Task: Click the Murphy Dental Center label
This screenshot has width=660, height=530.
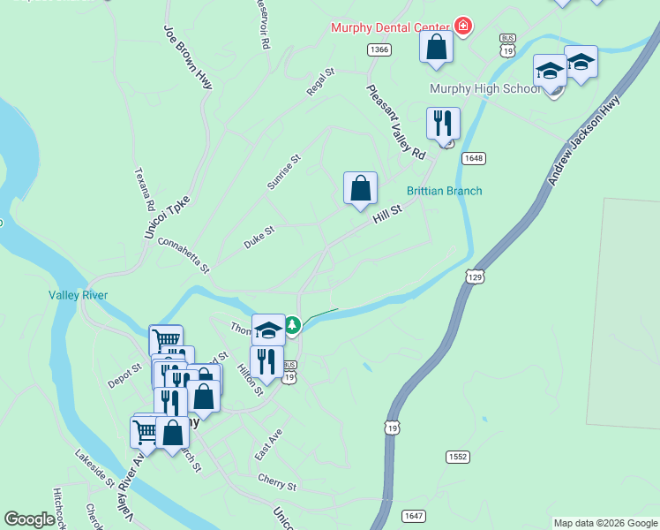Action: pyautogui.click(x=388, y=27)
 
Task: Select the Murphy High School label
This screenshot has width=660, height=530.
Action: pyautogui.click(x=484, y=89)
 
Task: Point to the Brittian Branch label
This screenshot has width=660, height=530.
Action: pyautogui.click(x=444, y=191)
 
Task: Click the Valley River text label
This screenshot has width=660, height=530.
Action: pyautogui.click(x=78, y=296)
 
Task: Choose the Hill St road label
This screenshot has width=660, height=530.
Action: pyautogui.click(x=386, y=212)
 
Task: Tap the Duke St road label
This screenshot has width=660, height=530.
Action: pyautogui.click(x=259, y=236)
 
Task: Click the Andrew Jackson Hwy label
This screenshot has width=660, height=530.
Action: pyautogui.click(x=583, y=140)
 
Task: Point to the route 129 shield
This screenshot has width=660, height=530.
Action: pyautogui.click(x=476, y=276)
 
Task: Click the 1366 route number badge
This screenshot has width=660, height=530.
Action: pyautogui.click(x=379, y=49)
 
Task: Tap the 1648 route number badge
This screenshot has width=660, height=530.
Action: pyautogui.click(x=473, y=158)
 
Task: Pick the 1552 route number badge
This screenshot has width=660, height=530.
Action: pyautogui.click(x=457, y=457)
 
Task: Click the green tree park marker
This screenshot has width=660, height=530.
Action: pyautogui.click(x=292, y=326)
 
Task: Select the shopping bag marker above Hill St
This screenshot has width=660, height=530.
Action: pyautogui.click(x=360, y=188)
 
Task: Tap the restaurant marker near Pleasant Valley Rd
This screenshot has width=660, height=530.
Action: pyautogui.click(x=443, y=124)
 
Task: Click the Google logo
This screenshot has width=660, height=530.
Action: pyautogui.click(x=29, y=519)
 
